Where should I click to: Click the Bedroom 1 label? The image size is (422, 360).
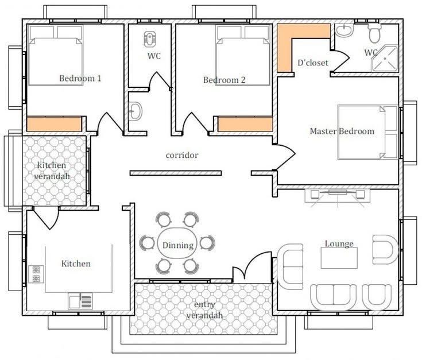[80, 78]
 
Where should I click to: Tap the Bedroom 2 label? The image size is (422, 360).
[224, 80]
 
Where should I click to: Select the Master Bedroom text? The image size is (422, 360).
[342, 131]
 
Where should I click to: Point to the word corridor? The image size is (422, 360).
[182, 155]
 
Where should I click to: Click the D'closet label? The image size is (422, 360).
[313, 63]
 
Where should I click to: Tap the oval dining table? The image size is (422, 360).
[177, 243]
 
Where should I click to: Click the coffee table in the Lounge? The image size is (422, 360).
[339, 258]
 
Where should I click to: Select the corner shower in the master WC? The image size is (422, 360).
[384, 59]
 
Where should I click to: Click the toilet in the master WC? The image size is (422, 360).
[374, 33]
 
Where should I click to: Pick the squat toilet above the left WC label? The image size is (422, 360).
[149, 39]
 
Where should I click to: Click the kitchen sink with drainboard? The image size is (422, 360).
[80, 301]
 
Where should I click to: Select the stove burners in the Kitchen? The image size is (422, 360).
[36, 274]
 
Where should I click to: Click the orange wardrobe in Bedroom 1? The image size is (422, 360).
[54, 124]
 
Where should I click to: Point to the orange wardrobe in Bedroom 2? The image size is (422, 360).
[245, 124]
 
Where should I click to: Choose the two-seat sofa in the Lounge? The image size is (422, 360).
[333, 297]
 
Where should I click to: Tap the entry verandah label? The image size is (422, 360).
[204, 310]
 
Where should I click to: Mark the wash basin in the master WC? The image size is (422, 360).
[344, 30]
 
